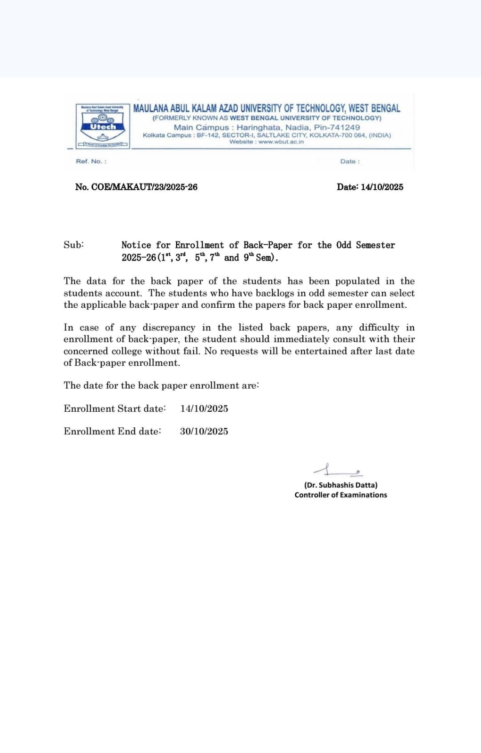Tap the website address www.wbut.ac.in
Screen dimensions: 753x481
(x=281, y=142)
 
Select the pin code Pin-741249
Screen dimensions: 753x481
(x=337, y=127)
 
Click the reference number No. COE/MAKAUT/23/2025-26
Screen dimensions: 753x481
(x=136, y=187)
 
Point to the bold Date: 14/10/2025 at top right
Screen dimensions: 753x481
(x=370, y=187)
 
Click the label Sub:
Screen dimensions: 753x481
(x=74, y=245)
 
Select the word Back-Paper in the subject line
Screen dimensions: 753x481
(x=268, y=245)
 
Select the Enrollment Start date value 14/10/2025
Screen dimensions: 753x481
(x=204, y=409)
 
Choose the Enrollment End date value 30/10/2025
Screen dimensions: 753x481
(x=204, y=431)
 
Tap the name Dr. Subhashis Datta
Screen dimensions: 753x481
(x=340, y=485)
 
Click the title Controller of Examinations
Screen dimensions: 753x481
(x=340, y=495)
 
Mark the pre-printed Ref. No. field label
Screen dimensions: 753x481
(x=91, y=161)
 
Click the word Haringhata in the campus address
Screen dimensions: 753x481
(x=259, y=127)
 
